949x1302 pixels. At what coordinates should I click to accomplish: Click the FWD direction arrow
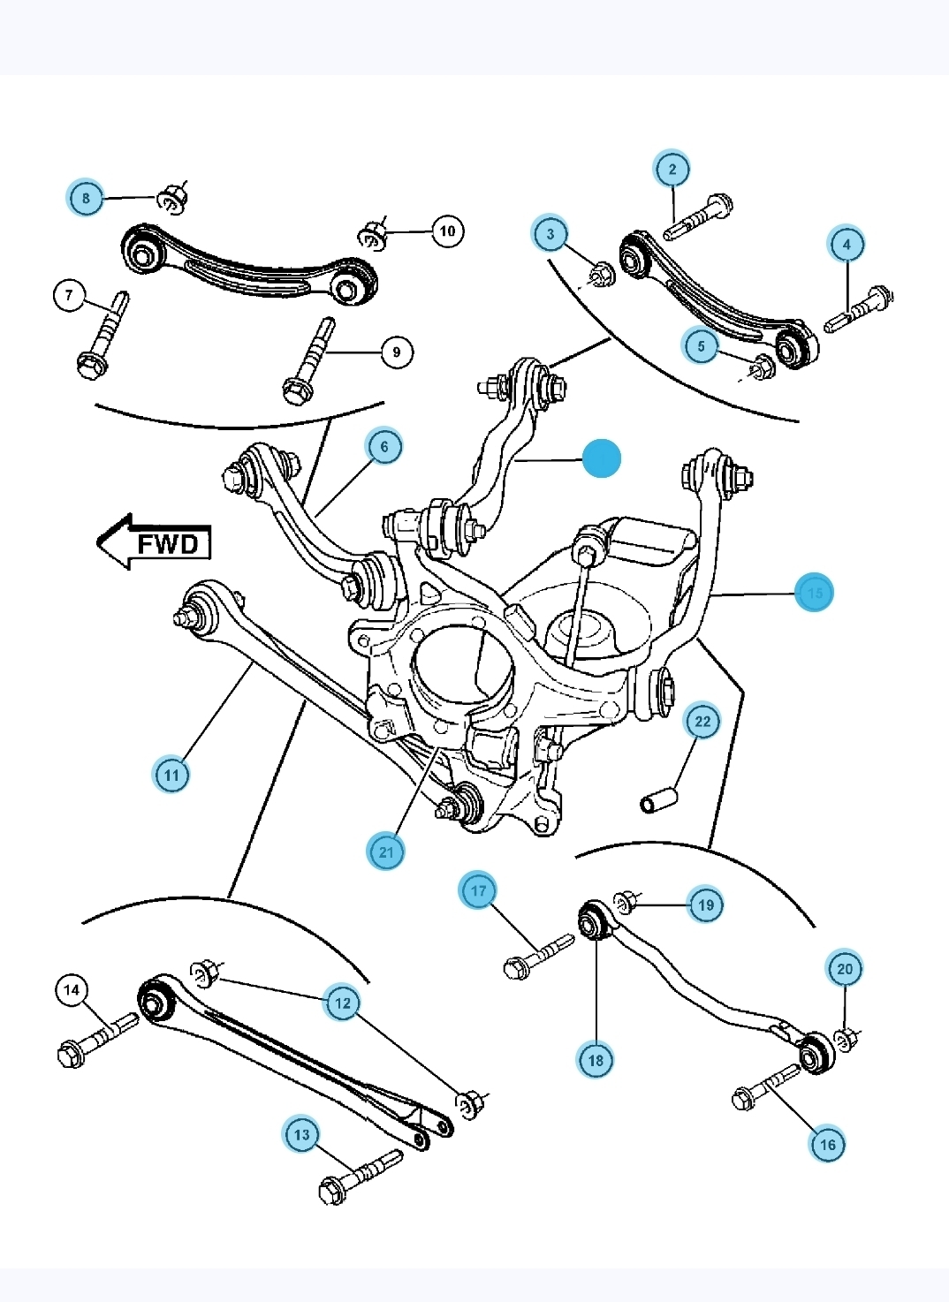(155, 542)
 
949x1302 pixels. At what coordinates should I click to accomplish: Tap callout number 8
(86, 197)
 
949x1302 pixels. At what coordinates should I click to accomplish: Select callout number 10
(447, 231)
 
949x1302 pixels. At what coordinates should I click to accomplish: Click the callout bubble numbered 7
(70, 294)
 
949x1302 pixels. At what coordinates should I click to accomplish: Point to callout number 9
(396, 352)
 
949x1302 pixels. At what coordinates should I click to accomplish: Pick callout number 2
(672, 169)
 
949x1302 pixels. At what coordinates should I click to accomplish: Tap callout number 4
(847, 244)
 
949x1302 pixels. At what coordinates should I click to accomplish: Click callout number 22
(702, 721)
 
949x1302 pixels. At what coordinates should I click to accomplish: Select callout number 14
(72, 990)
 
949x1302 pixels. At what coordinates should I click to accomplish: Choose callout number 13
(302, 1134)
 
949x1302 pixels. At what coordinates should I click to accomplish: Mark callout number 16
(827, 1144)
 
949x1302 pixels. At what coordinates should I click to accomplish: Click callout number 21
(385, 852)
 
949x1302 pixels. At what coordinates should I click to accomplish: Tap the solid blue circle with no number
(602, 458)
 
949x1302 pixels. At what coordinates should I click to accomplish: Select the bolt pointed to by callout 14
(95, 1041)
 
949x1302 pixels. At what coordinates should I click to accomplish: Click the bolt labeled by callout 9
(308, 360)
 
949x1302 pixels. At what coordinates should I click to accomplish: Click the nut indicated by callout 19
(626, 901)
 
